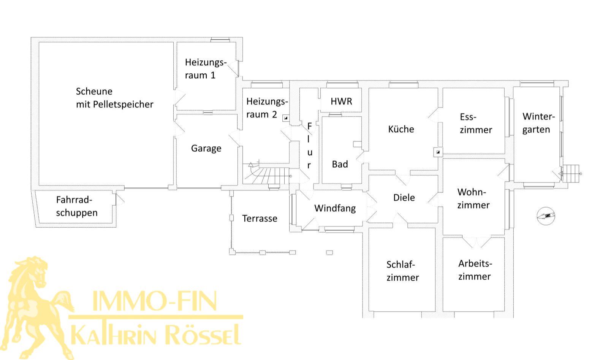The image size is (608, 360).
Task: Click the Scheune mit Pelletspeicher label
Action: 114,98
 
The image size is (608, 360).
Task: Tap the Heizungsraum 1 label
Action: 206,69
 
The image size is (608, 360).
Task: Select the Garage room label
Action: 206,149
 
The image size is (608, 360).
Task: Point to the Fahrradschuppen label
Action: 77,206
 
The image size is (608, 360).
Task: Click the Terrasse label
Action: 260,219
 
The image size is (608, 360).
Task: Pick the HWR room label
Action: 341,101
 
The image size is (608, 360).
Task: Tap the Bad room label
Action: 340,164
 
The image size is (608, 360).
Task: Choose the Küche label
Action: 401,129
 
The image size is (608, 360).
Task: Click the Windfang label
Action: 335,208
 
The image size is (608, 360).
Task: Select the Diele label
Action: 404,198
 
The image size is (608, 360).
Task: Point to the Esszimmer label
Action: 476,124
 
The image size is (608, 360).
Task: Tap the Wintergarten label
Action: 538,123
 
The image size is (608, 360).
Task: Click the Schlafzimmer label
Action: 403,271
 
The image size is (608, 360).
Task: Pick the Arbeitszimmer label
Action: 475,270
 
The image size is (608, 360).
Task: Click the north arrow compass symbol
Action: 546,216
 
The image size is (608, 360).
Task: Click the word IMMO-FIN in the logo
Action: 154,301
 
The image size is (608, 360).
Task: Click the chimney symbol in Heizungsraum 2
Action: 285,118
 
